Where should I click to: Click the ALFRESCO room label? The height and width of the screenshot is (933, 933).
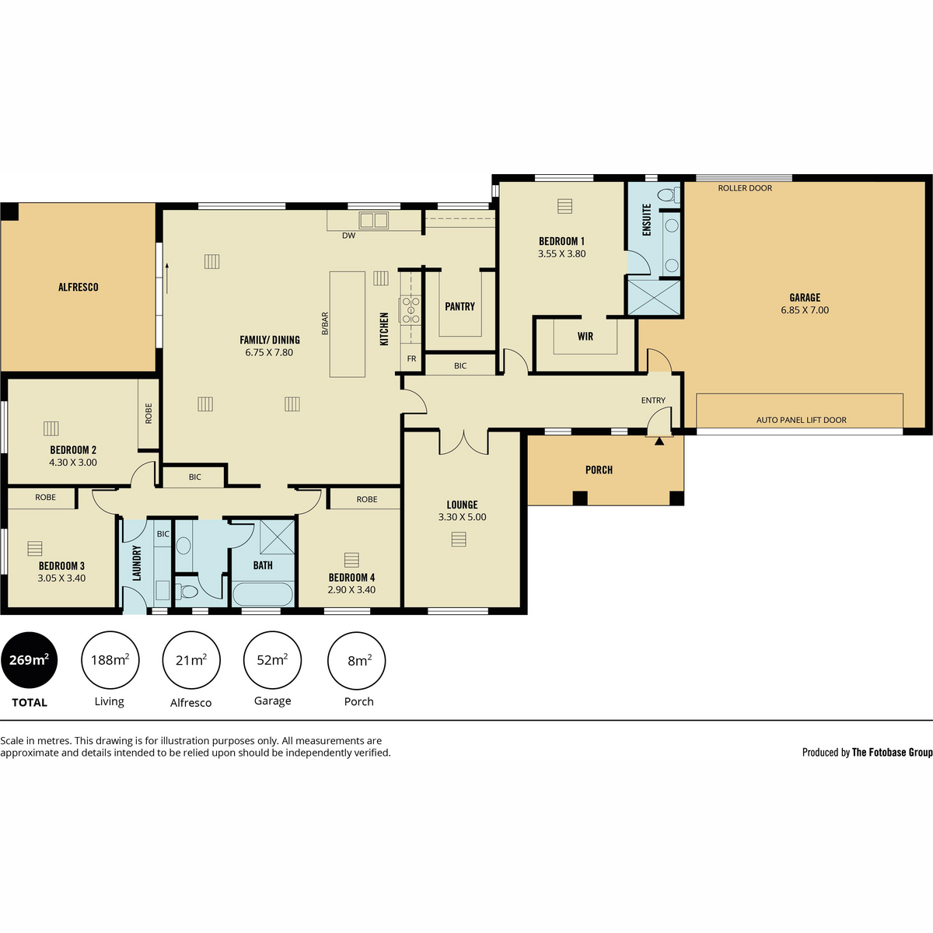(x=78, y=287)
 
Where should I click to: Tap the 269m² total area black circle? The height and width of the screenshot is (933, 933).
(x=29, y=660)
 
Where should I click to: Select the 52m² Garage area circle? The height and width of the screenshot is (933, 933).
(x=272, y=660)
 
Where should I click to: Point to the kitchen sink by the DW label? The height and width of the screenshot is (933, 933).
(x=373, y=220)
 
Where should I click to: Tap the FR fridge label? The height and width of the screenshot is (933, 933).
(x=411, y=358)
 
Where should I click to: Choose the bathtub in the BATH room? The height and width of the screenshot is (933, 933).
(x=263, y=594)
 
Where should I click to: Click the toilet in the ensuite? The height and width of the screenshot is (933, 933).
(x=669, y=194)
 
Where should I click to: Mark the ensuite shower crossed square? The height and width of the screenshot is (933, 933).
(x=654, y=297)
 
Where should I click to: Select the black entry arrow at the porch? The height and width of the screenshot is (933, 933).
(x=659, y=441)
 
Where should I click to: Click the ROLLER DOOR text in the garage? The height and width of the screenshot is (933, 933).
(x=745, y=188)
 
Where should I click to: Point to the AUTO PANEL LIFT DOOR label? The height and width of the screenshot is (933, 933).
(x=802, y=420)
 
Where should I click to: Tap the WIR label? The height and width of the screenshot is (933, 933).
(x=585, y=336)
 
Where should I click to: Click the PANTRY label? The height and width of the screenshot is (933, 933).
(x=460, y=306)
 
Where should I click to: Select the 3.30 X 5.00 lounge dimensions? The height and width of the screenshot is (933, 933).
(x=462, y=516)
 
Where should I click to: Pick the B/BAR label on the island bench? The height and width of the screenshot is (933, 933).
(x=325, y=323)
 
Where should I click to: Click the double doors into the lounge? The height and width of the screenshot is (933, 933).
(x=463, y=442)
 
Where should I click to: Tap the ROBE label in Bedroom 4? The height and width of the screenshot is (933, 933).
(x=366, y=499)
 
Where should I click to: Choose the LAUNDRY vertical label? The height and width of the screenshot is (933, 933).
(x=137, y=563)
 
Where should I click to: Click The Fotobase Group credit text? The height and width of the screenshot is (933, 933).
(x=892, y=752)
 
